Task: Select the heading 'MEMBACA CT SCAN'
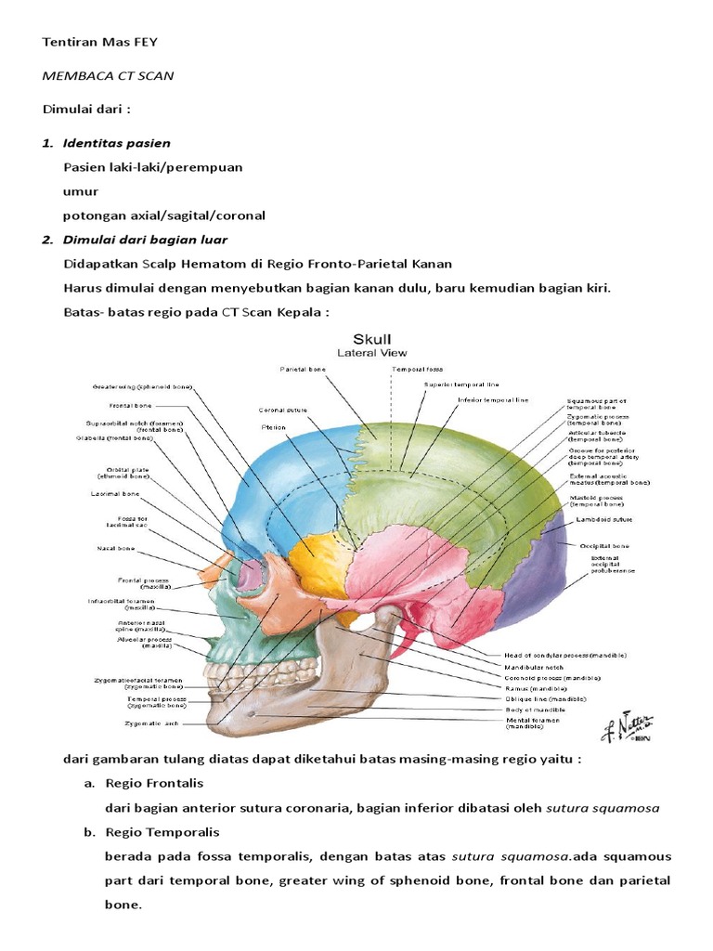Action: (108, 76)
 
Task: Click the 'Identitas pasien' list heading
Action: (116, 143)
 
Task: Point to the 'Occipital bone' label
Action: (604, 546)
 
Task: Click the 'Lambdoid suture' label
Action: (600, 521)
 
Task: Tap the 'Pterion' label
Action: (273, 428)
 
